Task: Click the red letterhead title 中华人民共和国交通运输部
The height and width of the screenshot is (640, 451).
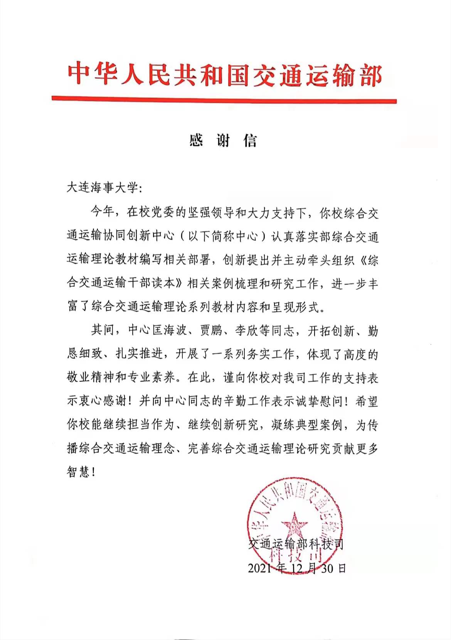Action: (225, 75)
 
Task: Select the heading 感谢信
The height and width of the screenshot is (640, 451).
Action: (223, 141)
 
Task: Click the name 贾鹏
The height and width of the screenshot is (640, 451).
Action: (211, 330)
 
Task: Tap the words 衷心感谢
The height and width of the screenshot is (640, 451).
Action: (102, 401)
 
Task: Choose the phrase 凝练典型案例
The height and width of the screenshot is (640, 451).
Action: (307, 425)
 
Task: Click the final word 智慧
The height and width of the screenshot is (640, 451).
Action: (79, 472)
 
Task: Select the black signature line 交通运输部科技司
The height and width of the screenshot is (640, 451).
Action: (296, 544)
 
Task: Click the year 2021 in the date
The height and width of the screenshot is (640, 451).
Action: (259, 568)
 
